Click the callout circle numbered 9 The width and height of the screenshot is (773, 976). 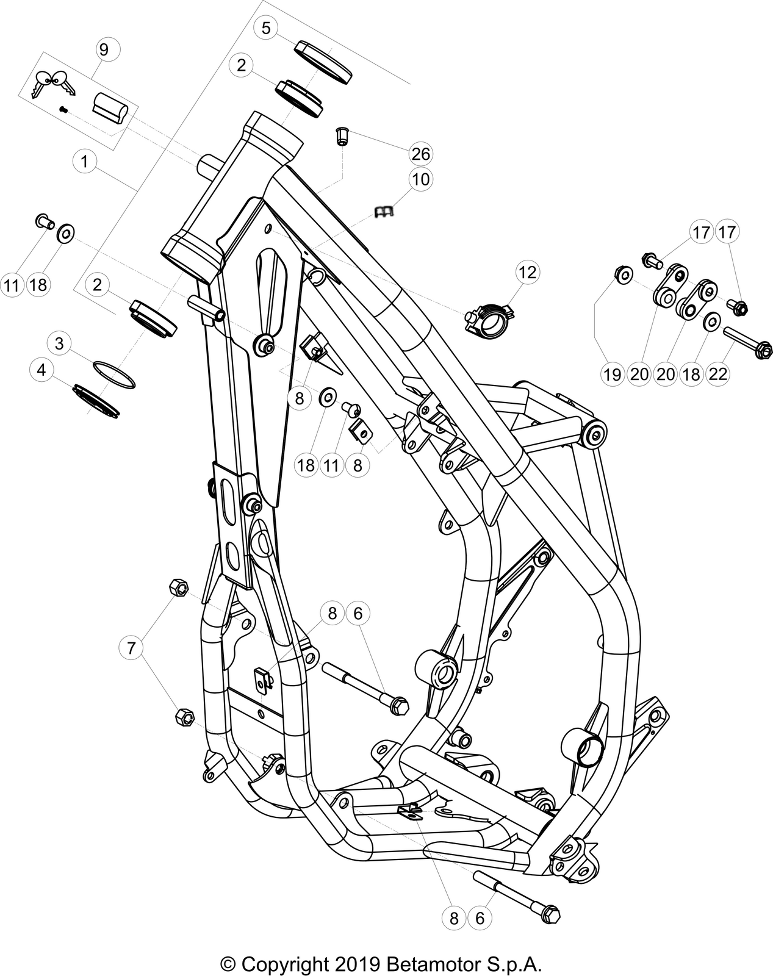[103, 49]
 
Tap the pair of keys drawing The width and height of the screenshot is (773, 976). [52, 84]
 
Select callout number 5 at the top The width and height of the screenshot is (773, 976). [267, 27]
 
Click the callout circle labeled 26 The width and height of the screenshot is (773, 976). [420, 154]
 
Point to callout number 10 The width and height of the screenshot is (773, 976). [420, 179]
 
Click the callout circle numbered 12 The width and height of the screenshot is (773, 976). [528, 271]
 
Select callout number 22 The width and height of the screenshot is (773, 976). [718, 373]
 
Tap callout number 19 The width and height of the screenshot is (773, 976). [612, 373]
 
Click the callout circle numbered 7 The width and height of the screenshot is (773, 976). [131, 648]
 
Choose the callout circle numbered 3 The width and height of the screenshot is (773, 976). [59, 343]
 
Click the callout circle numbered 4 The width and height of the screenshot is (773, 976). [41, 370]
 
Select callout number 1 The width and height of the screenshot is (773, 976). [85, 162]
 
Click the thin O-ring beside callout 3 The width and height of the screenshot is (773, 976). [114, 374]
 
